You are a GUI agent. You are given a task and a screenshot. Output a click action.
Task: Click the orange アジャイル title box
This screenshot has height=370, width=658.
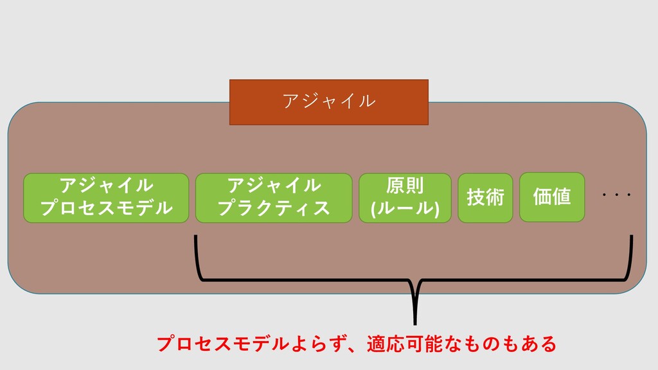[x=329, y=102]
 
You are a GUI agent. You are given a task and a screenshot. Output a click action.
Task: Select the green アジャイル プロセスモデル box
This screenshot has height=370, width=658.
[x=106, y=198]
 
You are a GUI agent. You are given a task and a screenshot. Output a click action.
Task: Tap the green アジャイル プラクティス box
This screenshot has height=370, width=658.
[x=274, y=198]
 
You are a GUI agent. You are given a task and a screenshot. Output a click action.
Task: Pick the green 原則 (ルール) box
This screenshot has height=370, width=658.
[x=405, y=198]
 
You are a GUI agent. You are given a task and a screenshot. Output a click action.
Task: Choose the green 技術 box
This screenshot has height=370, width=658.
[x=485, y=198]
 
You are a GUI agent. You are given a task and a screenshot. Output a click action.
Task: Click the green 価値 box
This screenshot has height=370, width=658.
[x=552, y=197]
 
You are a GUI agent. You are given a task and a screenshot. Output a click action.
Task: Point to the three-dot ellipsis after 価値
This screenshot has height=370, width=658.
[x=616, y=195]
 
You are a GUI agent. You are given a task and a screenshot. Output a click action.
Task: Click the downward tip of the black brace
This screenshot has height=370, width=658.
[x=415, y=323]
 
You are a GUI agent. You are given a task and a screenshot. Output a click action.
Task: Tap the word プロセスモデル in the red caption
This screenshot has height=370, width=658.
[x=223, y=344]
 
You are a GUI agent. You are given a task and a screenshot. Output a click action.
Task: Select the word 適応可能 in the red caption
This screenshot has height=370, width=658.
[x=405, y=344]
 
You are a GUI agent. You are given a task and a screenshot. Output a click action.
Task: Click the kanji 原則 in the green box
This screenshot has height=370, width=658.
[x=405, y=186]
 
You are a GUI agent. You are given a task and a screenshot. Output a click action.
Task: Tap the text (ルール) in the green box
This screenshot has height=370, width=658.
[x=405, y=208]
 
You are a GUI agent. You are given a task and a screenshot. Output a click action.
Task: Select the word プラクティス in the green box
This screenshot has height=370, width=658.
[x=274, y=208]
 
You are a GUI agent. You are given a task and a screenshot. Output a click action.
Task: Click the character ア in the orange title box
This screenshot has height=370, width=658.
[x=291, y=101]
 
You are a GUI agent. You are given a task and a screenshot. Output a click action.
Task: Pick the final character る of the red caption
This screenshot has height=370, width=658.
[x=547, y=344]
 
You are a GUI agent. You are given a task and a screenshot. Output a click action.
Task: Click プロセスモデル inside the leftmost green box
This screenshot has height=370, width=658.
[x=106, y=208]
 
